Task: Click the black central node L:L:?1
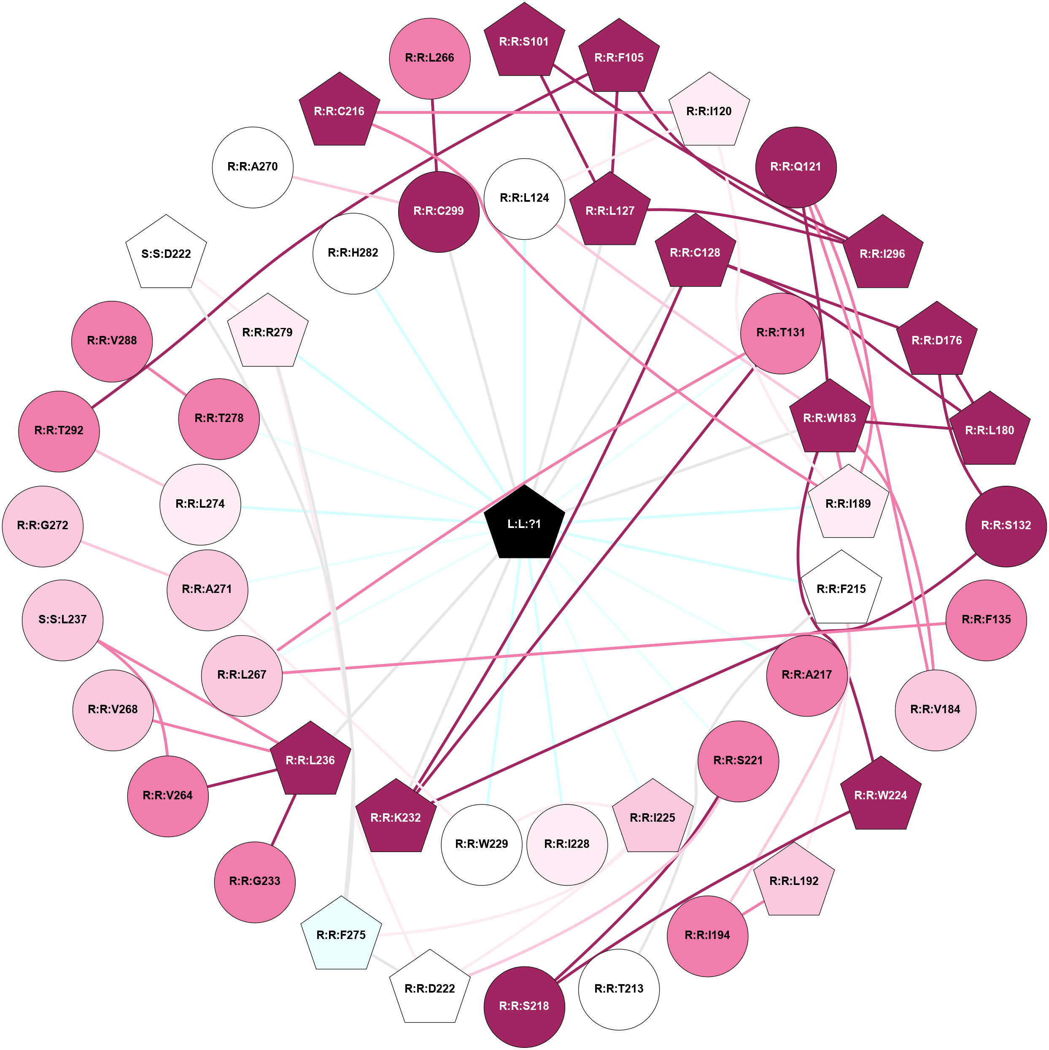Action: pyautogui.click(x=524, y=523)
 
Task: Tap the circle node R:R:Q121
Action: pyautogui.click(x=796, y=167)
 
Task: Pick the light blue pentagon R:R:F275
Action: pyautogui.click(x=341, y=935)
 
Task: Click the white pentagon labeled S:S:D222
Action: pyautogui.click(x=166, y=253)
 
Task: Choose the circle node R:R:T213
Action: pyautogui.click(x=619, y=988)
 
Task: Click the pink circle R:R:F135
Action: pyautogui.click(x=986, y=620)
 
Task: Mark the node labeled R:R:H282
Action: pyautogui.click(x=353, y=253)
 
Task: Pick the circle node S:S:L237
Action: pyautogui.click(x=62, y=620)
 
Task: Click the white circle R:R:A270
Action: pyautogui.click(x=253, y=167)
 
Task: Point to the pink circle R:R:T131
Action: pyautogui.click(x=781, y=333)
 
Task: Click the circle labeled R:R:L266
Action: pyautogui.click(x=430, y=58)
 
